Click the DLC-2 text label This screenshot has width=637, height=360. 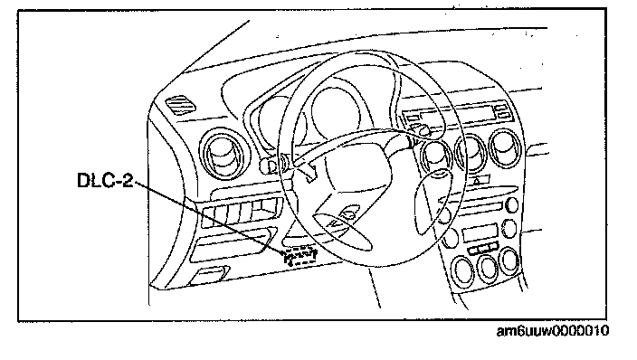pos(105,180)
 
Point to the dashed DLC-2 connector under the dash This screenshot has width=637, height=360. pos(300,256)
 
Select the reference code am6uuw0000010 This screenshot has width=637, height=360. pos(553,331)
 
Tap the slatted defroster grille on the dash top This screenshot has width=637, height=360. pos(180,105)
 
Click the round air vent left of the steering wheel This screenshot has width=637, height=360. pos(223,154)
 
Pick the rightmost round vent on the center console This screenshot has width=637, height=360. pos(506,147)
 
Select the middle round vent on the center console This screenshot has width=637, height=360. pos(471,153)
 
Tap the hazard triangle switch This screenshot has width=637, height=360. pos(478,180)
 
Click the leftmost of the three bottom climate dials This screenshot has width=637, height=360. pos(462,271)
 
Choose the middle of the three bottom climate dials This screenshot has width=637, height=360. pos(487,268)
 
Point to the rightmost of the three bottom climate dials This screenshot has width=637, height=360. pos(509,261)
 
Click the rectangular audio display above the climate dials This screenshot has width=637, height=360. pos(480,232)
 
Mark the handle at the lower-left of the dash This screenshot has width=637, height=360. pos(209,275)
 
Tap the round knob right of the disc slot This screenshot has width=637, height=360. pos(513,204)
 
